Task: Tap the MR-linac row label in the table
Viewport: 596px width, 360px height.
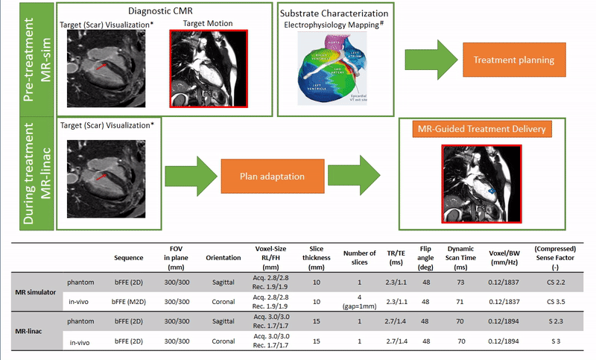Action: pyautogui.click(x=30, y=329)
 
